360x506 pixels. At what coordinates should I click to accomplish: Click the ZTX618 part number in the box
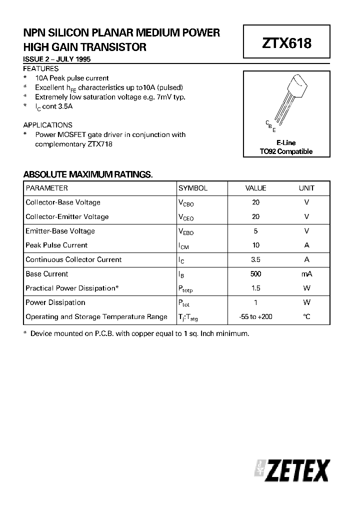point(286,43)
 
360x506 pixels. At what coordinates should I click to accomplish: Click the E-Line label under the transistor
point(286,142)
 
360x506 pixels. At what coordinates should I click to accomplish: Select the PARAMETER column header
point(46,188)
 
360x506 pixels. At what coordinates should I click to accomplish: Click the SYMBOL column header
point(193,188)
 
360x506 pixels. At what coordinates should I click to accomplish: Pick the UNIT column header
point(306,188)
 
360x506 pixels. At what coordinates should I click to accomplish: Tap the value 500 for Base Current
point(255,274)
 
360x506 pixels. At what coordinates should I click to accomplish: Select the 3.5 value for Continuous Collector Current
point(255,259)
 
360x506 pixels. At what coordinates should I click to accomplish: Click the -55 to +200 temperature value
point(255,317)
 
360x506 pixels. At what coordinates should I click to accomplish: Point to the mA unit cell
point(306,274)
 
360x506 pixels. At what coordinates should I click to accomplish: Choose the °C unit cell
point(306,317)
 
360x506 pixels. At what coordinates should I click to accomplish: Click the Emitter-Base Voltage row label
point(60,231)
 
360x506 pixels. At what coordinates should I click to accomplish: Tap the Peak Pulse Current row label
point(56,245)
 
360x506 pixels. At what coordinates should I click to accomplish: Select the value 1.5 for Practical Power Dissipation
point(255,288)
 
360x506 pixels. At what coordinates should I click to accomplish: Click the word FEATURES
point(41,68)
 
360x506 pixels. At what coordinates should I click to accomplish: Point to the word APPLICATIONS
point(48,125)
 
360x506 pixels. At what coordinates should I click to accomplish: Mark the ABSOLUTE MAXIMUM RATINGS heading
point(88,174)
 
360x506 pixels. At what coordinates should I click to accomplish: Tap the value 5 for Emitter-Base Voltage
point(255,231)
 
